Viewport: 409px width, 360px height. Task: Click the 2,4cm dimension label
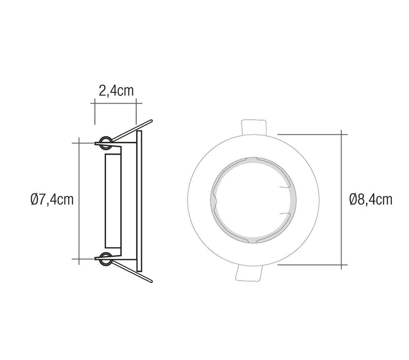116,90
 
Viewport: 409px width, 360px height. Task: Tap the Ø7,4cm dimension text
52,199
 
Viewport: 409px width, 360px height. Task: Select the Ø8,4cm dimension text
371,199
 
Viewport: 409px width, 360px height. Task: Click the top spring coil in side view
106,143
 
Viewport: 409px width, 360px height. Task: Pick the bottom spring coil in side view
106,259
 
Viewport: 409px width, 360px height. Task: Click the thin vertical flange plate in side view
139,201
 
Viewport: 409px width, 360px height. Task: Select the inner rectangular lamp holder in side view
113,201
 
